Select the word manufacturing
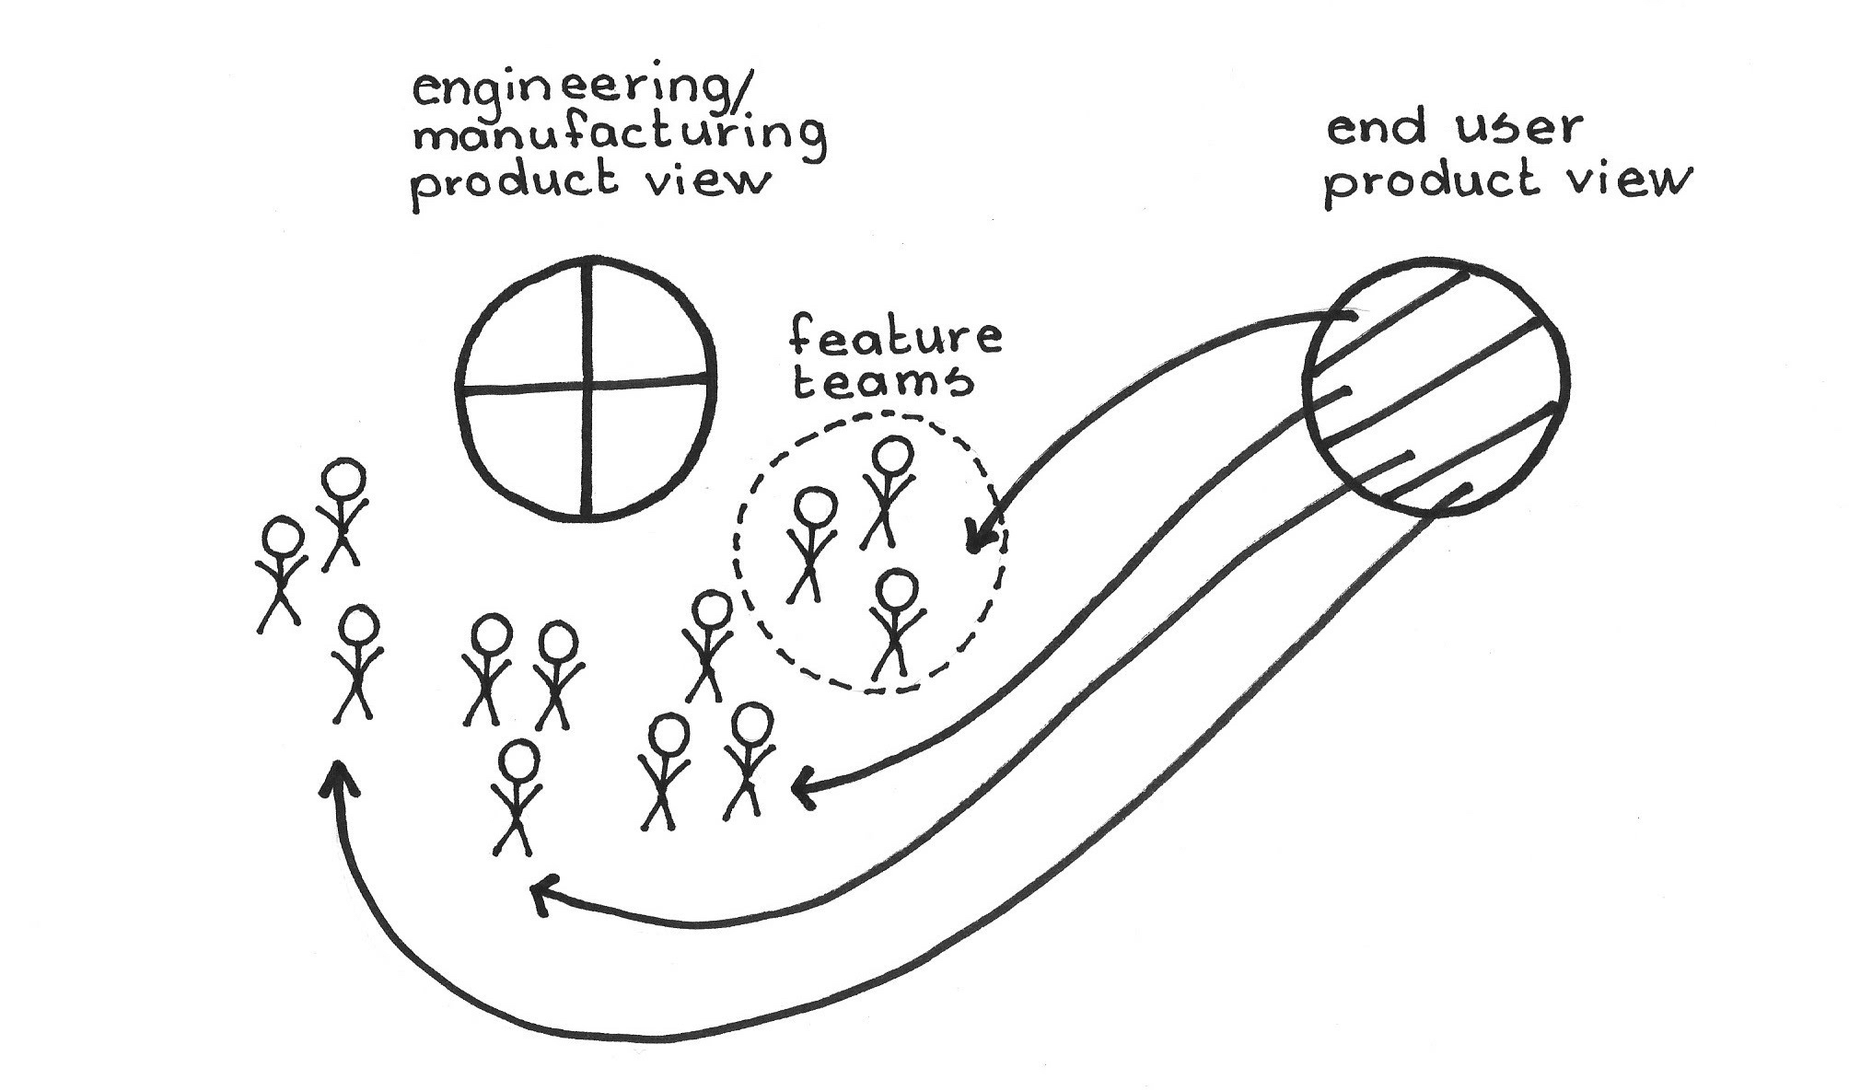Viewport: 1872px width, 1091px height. (619, 135)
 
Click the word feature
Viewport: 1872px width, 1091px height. (895, 337)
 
